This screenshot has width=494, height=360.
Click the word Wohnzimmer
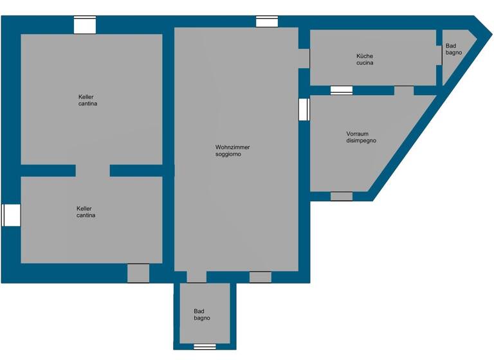(x=232, y=147)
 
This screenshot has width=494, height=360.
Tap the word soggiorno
(x=228, y=154)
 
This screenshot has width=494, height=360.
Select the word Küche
(x=365, y=56)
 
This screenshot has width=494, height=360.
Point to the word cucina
(x=365, y=63)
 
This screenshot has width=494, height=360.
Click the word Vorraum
(x=357, y=133)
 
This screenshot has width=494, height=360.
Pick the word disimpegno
(x=361, y=140)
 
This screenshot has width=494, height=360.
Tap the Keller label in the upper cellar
(x=86, y=96)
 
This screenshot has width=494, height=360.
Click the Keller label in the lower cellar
(x=84, y=208)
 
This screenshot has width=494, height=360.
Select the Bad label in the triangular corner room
(x=451, y=45)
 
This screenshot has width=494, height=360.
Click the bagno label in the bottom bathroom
(x=202, y=318)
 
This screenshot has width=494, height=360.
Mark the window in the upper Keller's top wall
(x=84, y=24)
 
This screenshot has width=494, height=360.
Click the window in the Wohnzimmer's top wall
(x=267, y=22)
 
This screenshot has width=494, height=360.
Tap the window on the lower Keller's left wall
(x=11, y=215)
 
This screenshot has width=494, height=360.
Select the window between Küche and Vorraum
(x=342, y=91)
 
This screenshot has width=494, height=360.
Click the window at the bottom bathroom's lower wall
(x=205, y=346)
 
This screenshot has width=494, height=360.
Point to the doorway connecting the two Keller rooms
(x=93, y=170)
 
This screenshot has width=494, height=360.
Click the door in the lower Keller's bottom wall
(x=138, y=273)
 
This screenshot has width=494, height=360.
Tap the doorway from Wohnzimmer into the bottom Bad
(x=196, y=277)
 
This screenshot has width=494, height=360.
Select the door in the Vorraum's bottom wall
(x=342, y=196)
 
